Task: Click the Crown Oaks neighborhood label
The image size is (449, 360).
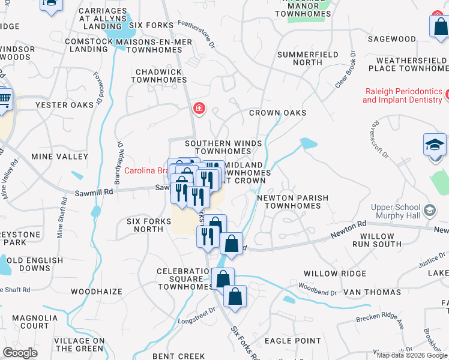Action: [277, 113]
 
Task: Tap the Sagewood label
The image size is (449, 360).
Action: [391, 39]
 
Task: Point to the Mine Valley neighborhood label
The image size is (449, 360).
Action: [59, 156]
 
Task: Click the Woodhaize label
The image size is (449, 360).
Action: [96, 292]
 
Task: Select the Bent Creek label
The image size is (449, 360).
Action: [179, 356]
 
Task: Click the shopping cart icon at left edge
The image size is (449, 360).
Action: [5, 98]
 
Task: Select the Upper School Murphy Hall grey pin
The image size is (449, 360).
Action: [429, 211]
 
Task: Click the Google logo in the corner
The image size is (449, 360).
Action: [20, 353]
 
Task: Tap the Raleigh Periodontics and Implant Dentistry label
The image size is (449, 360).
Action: [403, 95]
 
